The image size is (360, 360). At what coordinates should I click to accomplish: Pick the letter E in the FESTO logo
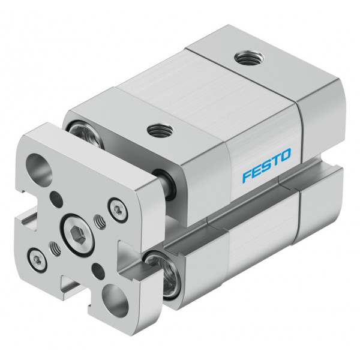point(257,171)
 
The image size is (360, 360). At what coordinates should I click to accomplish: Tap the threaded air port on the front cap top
point(160,130)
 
